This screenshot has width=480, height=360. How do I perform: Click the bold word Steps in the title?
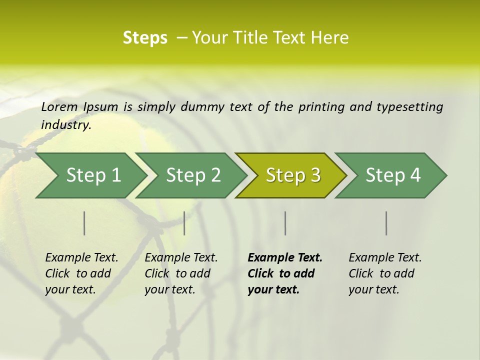pyautogui.click(x=145, y=38)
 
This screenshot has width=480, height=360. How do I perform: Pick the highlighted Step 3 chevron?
pyautogui.click(x=293, y=175)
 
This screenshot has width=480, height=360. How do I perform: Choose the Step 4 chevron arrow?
pyautogui.click(x=393, y=175)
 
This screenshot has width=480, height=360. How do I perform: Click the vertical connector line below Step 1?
pyautogui.click(x=84, y=223)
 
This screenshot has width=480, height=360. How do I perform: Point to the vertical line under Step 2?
pyautogui.click(x=184, y=223)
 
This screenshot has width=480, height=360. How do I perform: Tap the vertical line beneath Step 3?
pyautogui.click(x=285, y=223)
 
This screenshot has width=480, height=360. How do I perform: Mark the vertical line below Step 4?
pyautogui.click(x=386, y=223)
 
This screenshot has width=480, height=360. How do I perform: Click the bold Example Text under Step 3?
pyautogui.click(x=285, y=258)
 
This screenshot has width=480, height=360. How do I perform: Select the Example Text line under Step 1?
pyautogui.click(x=81, y=258)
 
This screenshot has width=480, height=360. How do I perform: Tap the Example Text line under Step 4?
pyautogui.click(x=385, y=258)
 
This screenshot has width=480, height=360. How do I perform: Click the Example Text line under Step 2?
pyautogui.click(x=181, y=258)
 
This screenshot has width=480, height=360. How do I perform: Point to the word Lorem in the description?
pyautogui.click(x=59, y=107)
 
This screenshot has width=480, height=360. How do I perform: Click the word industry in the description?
pyautogui.click(x=65, y=125)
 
